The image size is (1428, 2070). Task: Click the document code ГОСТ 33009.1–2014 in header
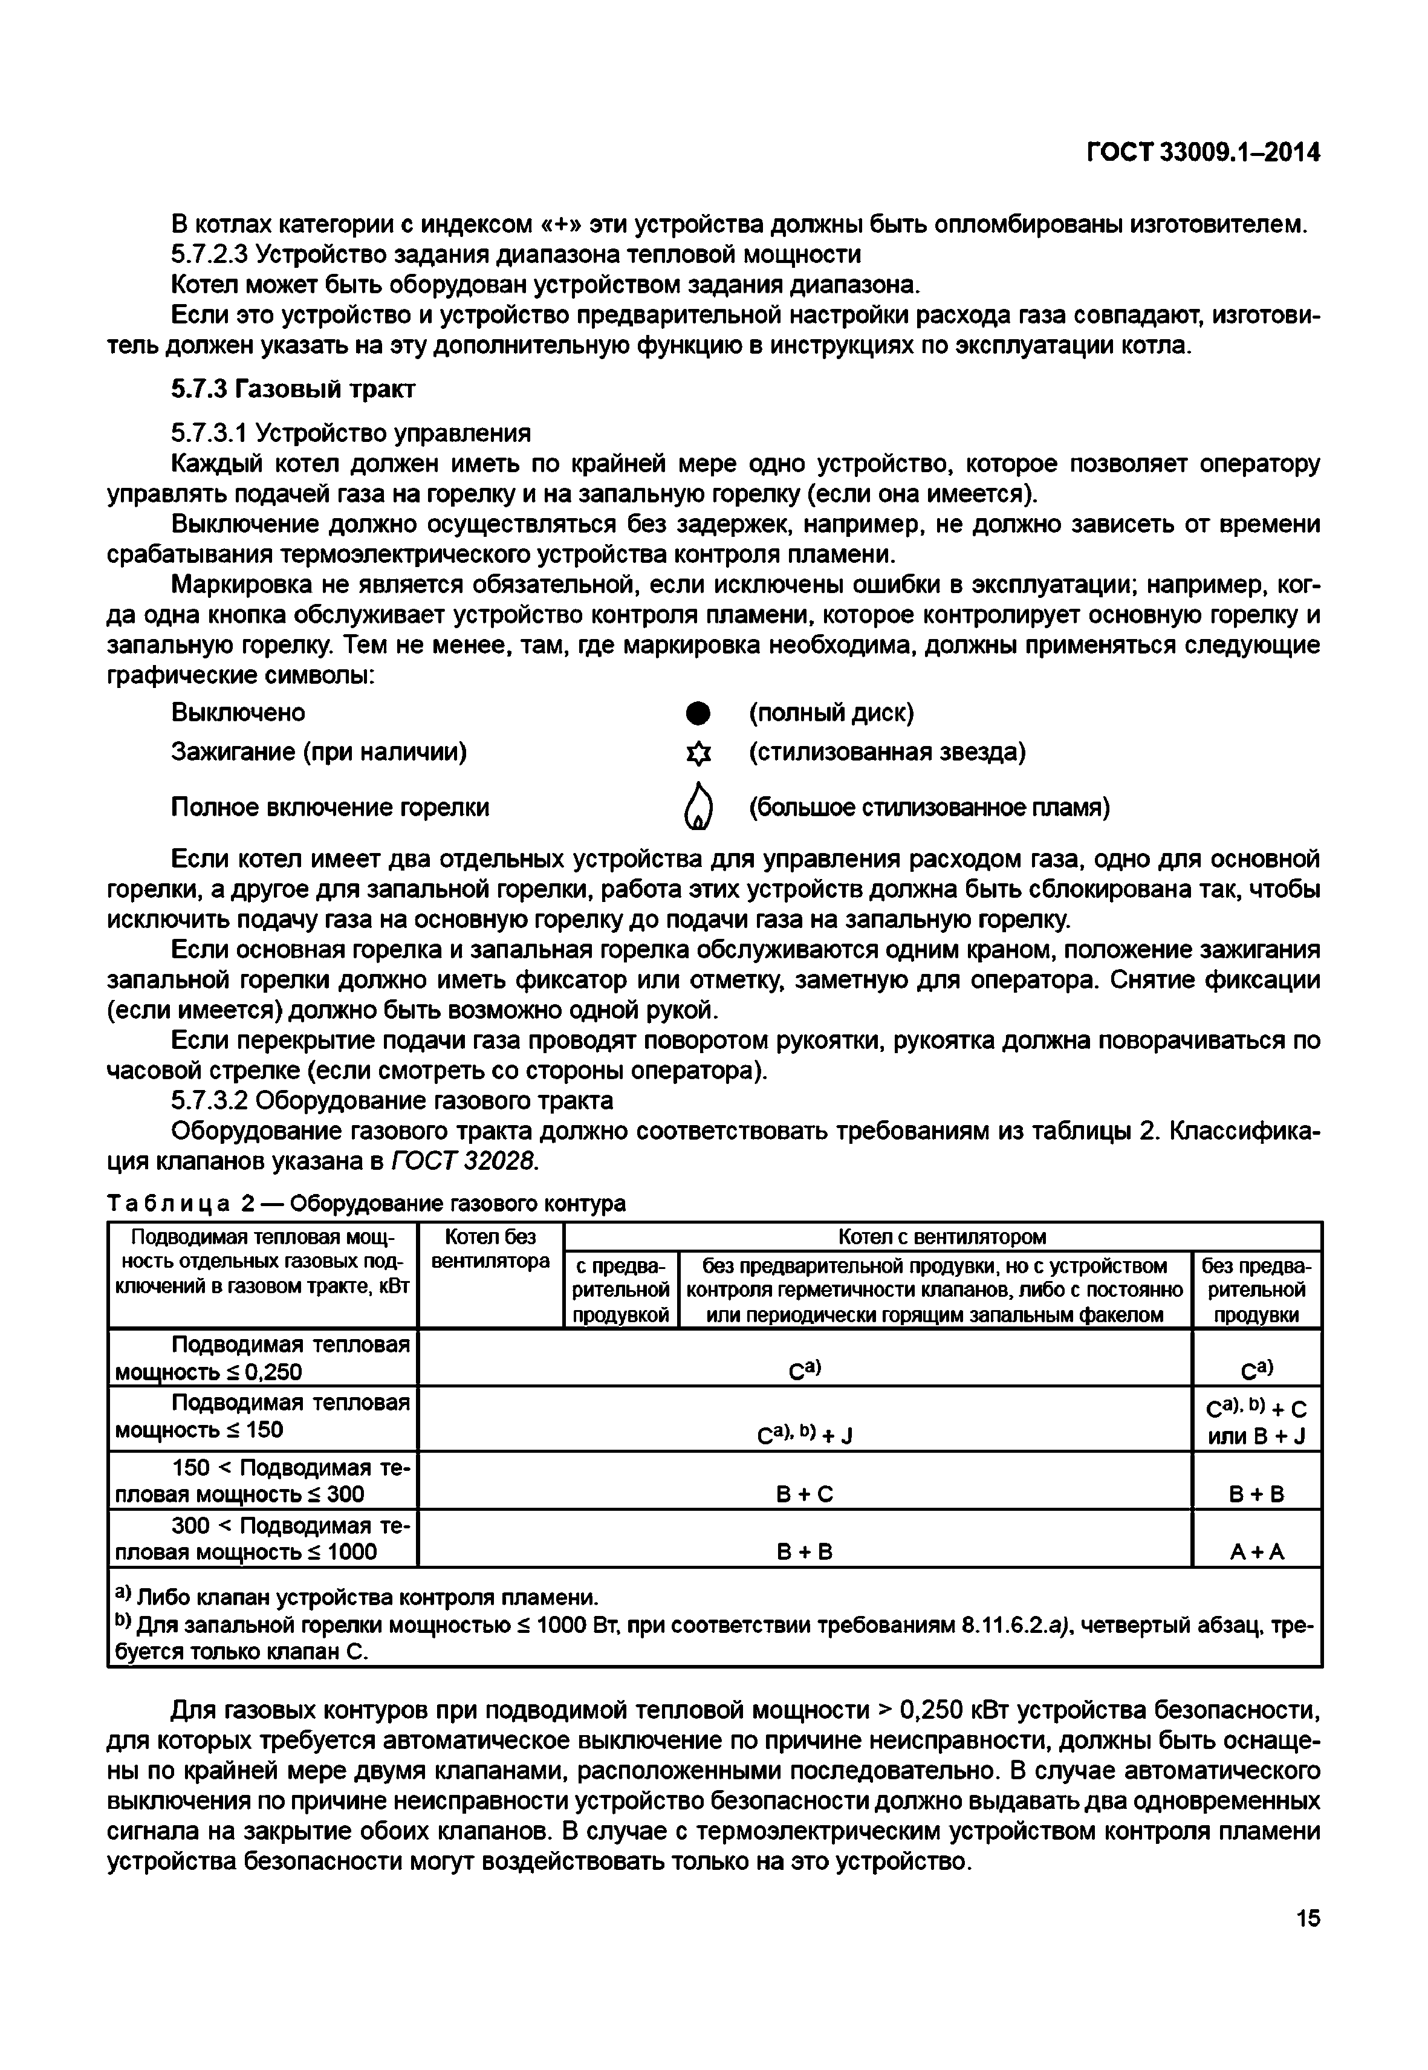1202,153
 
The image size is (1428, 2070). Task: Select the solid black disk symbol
697,713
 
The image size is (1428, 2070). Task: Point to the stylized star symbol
697,754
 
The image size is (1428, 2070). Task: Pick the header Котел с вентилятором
942,1236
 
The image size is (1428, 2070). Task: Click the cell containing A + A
1256,1552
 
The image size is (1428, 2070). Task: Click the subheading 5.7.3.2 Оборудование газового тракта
392,1100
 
